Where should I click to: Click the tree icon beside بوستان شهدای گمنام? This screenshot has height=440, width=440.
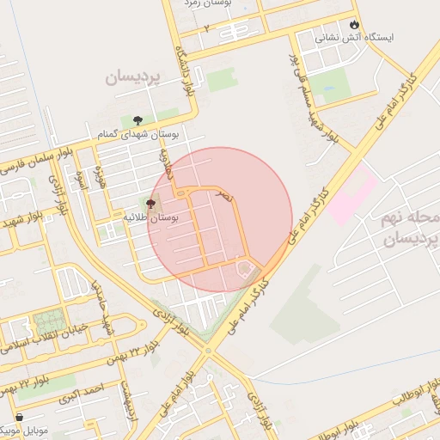[138, 119]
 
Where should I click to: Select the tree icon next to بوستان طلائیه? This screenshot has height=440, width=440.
[151, 204]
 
